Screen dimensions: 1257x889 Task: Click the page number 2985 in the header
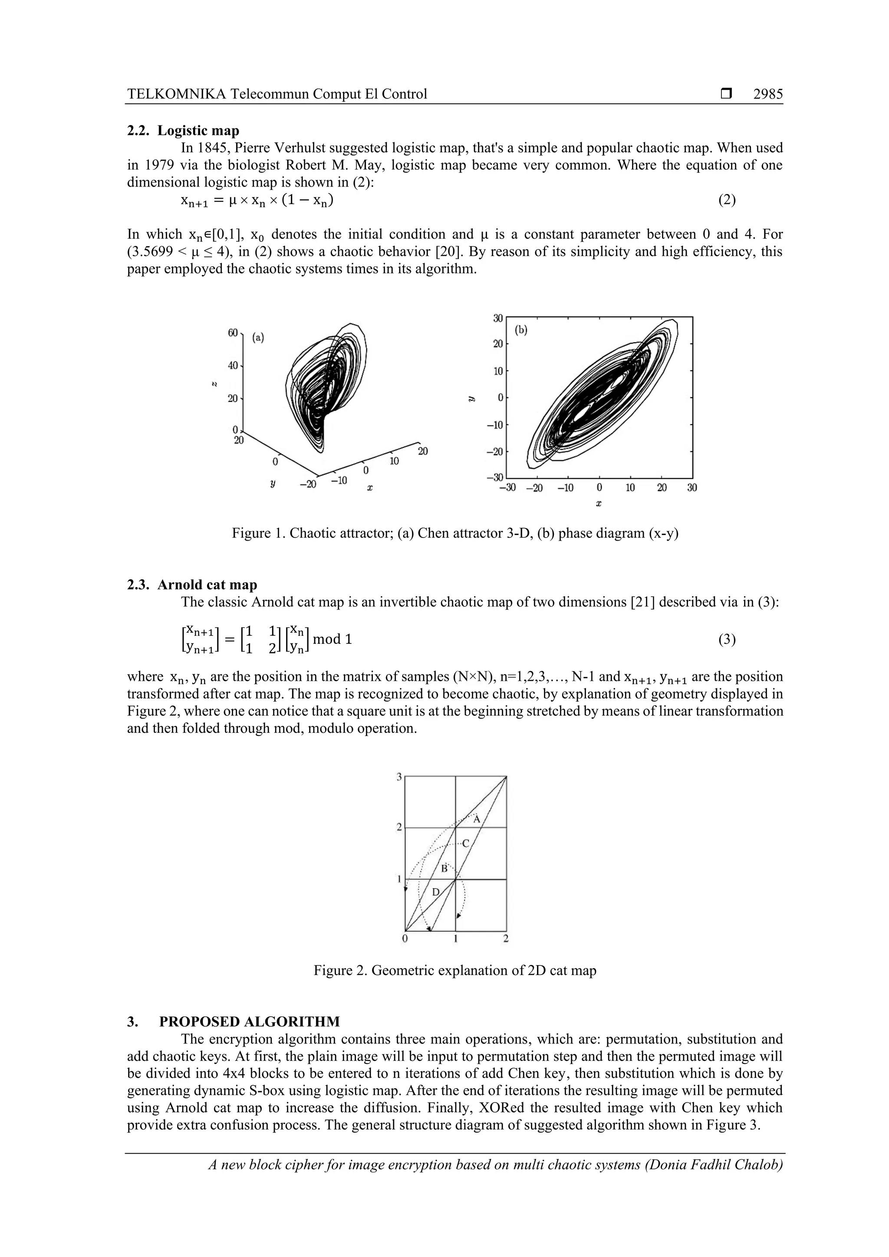pyautogui.click(x=767, y=94)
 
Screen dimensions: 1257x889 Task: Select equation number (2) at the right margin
pyautogui.click(x=727, y=200)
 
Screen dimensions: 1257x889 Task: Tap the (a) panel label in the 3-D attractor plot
pyautogui.click(x=258, y=338)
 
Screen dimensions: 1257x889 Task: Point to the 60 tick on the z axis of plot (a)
pyautogui.click(x=233, y=332)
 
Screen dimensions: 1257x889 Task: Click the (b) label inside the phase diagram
pyautogui.click(x=521, y=330)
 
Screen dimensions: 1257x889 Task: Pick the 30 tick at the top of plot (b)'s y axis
pyautogui.click(x=498, y=318)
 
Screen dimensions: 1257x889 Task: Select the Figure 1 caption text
pyautogui.click(x=454, y=533)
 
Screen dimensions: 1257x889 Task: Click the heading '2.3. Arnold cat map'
pyautogui.click(x=192, y=585)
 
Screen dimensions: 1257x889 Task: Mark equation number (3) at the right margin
pyautogui.click(x=727, y=640)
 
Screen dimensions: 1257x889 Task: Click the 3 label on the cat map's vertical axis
pyautogui.click(x=399, y=776)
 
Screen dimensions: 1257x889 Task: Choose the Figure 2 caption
pyautogui.click(x=454, y=971)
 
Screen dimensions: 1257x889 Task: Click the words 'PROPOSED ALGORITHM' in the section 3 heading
pyautogui.click(x=249, y=1021)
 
